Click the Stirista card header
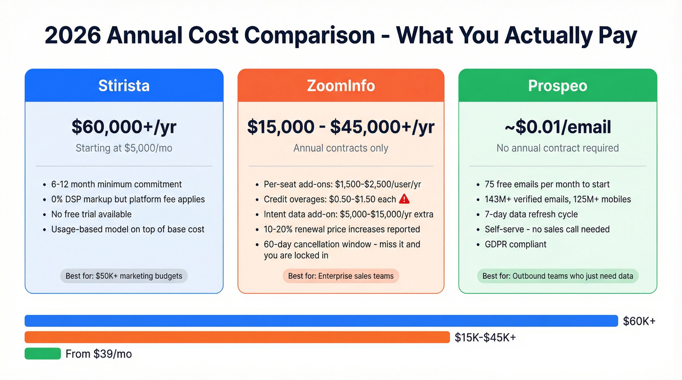point(124,86)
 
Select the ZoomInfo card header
point(341,86)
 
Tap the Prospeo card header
point(558,86)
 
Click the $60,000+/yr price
point(124,127)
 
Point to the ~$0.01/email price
point(558,127)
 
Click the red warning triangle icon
point(404,199)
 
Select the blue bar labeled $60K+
point(321,321)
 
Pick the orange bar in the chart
point(237,337)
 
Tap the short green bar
point(43,354)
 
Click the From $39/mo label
point(98,354)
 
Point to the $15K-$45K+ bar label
point(485,337)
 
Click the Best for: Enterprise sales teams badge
point(341,276)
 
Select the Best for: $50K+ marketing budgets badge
point(124,276)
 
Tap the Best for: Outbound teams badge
point(558,276)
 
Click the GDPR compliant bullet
point(515,244)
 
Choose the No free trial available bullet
point(92,214)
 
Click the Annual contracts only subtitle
point(341,148)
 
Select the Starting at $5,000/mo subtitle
point(124,148)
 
